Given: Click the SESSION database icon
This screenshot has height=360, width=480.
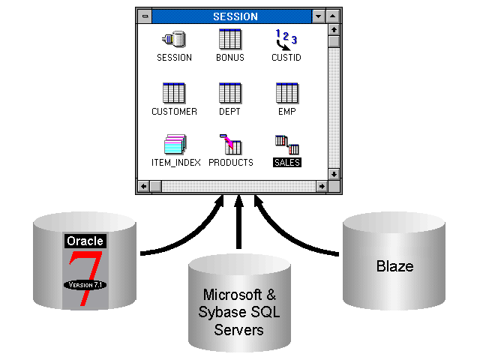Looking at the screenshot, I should click(174, 39).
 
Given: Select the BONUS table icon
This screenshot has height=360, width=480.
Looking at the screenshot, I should click(229, 39).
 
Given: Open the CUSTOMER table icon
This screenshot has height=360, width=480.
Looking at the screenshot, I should click(174, 93).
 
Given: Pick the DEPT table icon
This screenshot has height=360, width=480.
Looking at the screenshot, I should click(229, 93).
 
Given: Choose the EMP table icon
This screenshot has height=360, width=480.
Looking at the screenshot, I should click(286, 93).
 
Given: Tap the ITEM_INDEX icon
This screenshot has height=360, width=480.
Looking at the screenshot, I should click(175, 144).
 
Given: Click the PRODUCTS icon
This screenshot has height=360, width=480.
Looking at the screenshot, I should click(230, 144).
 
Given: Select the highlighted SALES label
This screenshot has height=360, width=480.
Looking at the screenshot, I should click(286, 162).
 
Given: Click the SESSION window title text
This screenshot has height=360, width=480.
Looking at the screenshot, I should click(235, 16).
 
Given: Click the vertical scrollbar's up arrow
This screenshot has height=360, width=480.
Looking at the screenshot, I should click(334, 29).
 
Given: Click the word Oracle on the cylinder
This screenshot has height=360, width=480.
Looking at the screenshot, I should click(85, 241).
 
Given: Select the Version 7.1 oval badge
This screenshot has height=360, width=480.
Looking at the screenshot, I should click(85, 285).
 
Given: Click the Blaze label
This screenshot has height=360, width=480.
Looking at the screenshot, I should click(394, 266).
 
